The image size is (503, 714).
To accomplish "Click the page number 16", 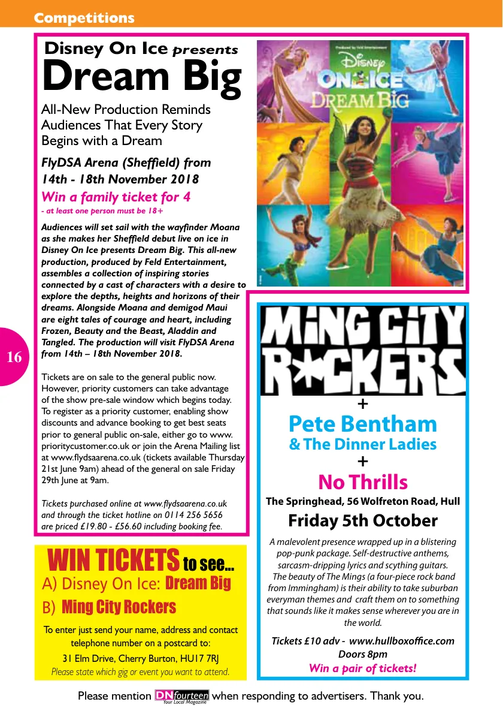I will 14,358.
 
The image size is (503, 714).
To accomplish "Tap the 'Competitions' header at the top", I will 84,18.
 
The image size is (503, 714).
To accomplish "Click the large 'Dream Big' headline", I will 142,78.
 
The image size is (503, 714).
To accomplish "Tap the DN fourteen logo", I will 181,696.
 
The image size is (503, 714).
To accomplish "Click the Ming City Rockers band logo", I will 363,350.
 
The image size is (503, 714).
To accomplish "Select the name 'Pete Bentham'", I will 363,424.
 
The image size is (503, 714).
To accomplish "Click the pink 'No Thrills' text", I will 363,482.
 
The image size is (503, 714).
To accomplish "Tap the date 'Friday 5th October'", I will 363,520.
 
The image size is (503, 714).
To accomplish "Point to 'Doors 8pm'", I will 363,654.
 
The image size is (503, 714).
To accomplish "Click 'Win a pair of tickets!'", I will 363,668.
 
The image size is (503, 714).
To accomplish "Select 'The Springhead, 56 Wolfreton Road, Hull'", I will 363,501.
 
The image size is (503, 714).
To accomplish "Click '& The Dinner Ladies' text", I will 363,444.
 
